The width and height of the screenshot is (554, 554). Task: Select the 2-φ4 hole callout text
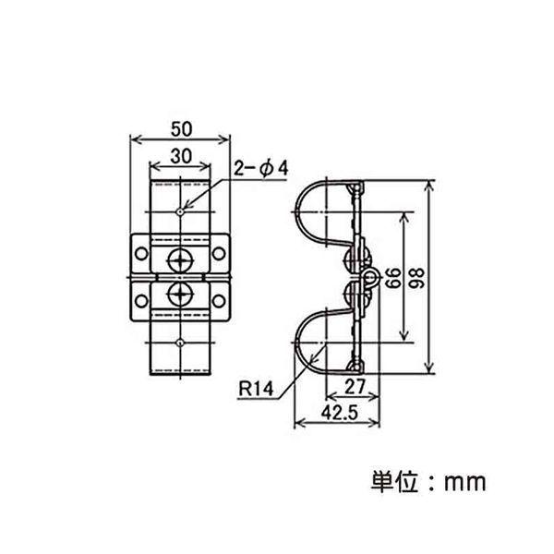point(261,168)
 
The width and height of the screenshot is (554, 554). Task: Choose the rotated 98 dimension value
point(447,276)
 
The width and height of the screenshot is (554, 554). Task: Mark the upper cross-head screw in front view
point(178,256)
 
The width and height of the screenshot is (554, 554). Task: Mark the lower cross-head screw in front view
point(178,296)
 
